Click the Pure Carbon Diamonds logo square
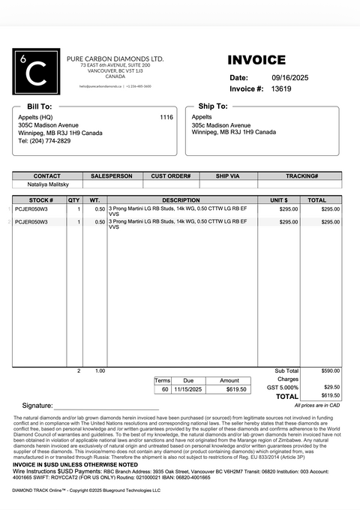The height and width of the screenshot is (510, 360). point(36,71)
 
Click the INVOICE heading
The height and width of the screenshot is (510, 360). point(256,60)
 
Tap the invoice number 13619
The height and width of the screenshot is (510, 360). point(281,88)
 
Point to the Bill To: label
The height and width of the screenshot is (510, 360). point(40,106)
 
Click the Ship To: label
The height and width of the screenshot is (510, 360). point(212,106)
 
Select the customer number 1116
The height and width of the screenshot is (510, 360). point(166,117)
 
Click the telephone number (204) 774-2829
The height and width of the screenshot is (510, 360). point(44,141)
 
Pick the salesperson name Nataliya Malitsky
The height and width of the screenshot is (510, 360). point(48,184)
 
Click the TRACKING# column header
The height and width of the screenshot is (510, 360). point(301,175)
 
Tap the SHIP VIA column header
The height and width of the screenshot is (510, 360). point(227,175)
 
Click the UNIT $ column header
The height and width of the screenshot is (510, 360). point(279,200)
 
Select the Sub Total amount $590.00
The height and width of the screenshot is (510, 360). point(330,370)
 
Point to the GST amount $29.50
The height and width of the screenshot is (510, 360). point(331,387)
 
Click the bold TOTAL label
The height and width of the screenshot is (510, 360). point(287,396)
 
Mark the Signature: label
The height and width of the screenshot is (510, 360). point(37,405)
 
